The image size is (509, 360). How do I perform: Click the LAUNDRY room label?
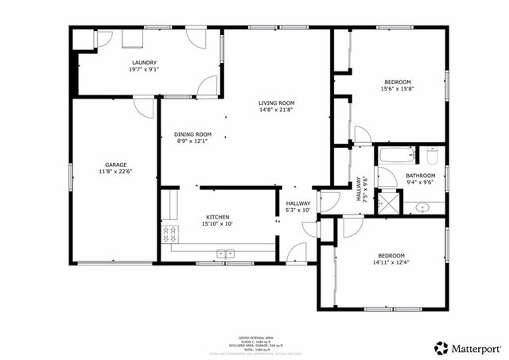[x=144, y=63]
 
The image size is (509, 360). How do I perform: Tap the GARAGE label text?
[x=116, y=165]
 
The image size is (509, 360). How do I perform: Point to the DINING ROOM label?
[x=193, y=134]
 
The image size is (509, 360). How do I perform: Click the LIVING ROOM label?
[x=276, y=103]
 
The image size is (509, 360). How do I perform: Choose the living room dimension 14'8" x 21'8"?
[x=276, y=110]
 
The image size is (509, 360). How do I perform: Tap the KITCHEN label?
[x=218, y=217]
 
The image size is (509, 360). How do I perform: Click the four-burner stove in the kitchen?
[x=169, y=234]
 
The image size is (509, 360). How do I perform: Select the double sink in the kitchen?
[x=225, y=254]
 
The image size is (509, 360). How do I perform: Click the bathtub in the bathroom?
[x=394, y=155]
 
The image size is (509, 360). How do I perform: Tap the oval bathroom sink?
[x=422, y=207]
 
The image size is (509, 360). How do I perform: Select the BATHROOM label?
[x=421, y=176]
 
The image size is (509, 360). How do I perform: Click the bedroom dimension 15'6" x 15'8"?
[x=398, y=89]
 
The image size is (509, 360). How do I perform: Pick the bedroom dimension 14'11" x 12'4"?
[x=390, y=262]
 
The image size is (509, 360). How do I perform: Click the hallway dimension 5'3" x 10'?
[x=298, y=211]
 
